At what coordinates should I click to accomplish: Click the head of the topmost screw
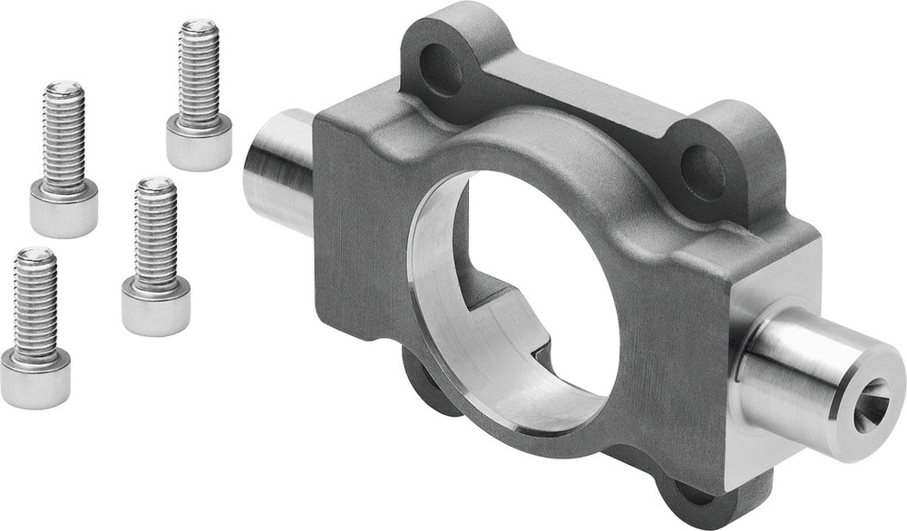tap(199, 145)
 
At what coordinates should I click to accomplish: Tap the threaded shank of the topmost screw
tap(199, 77)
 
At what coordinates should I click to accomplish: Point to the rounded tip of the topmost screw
tap(199, 27)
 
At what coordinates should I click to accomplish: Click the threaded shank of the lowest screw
tap(35, 308)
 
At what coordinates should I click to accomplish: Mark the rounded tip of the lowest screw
tap(35, 255)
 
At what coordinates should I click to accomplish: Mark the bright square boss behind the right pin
tap(757, 299)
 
